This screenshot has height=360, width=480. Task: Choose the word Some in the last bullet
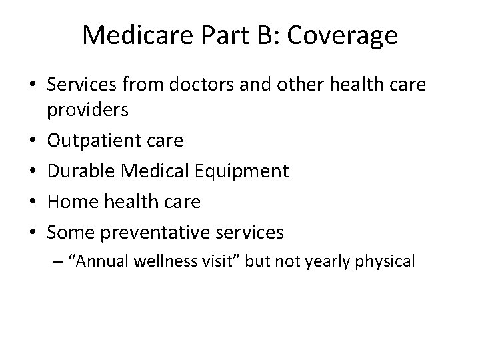point(91,232)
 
